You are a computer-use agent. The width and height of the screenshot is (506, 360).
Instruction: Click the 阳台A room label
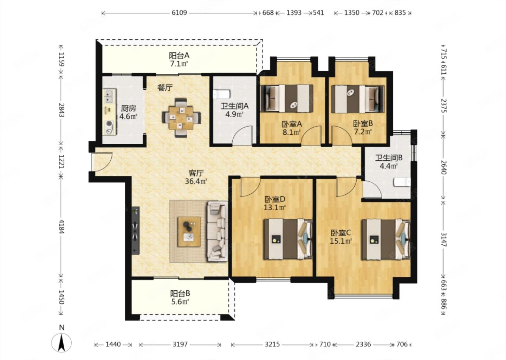[x=179, y=56]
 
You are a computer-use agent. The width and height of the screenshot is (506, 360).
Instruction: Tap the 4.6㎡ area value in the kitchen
[x=128, y=117]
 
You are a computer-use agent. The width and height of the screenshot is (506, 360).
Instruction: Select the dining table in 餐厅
[x=181, y=118]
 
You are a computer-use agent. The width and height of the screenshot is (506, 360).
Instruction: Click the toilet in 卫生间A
[x=222, y=95]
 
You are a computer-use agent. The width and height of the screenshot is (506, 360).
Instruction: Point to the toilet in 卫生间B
[x=402, y=182]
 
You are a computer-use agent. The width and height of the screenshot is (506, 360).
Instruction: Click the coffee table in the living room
[x=189, y=232]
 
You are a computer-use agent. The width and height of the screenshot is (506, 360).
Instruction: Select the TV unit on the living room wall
[x=136, y=231]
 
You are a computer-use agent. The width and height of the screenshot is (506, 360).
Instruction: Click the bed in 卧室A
[x=287, y=98]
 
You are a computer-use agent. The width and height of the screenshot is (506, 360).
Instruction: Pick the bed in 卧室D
[x=288, y=239]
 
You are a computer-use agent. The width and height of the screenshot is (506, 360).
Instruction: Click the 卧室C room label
[x=341, y=233]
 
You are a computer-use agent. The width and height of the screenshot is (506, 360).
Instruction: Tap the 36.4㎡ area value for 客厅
[x=196, y=181]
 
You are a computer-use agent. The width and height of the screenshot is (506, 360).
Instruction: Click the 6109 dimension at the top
[x=179, y=13]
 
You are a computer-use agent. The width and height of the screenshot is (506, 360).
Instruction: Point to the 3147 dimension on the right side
[x=443, y=239]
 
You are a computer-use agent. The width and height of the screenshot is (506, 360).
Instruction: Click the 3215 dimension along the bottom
[x=272, y=344]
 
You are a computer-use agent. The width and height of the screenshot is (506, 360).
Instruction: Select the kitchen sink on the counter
[x=109, y=96]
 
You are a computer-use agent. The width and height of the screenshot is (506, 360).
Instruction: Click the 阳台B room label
[x=180, y=294]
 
